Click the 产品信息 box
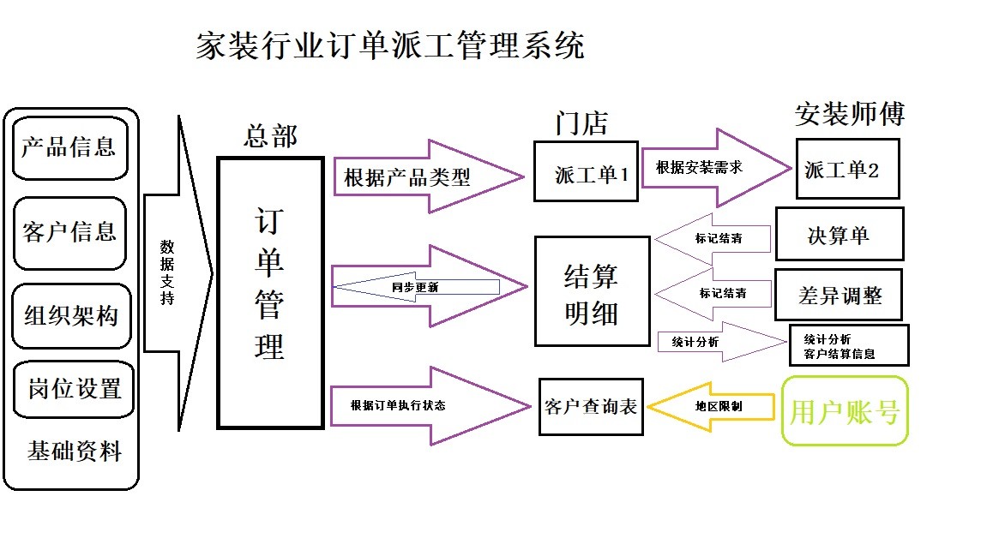pyautogui.click(x=69, y=147)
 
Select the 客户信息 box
pyautogui.click(x=69, y=232)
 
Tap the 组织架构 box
pyautogui.click(x=71, y=315)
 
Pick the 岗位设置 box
pyautogui.click(x=74, y=389)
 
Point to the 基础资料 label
pyautogui.click(x=75, y=451)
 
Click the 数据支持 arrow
pyautogui.click(x=178, y=273)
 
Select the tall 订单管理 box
pyautogui.click(x=270, y=293)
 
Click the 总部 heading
pyautogui.click(x=271, y=136)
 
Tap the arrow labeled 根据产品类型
pyautogui.click(x=428, y=176)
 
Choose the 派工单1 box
pyautogui.click(x=586, y=171)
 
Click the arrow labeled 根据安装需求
pyautogui.click(x=716, y=168)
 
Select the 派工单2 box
pyautogui.click(x=848, y=169)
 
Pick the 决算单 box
pyautogui.click(x=840, y=234)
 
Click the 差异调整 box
pyautogui.click(x=839, y=295)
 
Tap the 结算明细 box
pyautogui.click(x=592, y=291)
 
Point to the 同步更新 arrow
pyautogui.click(x=415, y=287)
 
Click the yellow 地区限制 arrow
pyautogui.click(x=711, y=407)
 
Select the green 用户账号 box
pyautogui.click(x=845, y=411)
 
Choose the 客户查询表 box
pyautogui.click(x=591, y=407)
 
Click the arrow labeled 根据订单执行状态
pyautogui.click(x=430, y=406)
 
